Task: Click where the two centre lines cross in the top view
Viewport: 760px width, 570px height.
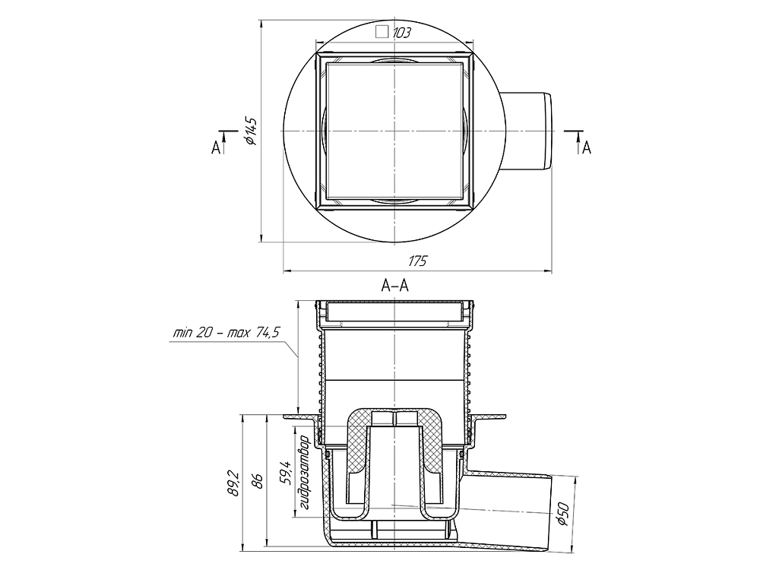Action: pos(395,131)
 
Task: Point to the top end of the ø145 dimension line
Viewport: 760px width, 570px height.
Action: pos(261,20)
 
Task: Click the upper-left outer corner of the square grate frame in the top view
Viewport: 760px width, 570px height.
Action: pos(315,52)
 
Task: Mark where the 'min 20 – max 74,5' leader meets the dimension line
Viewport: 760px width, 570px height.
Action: pos(298,357)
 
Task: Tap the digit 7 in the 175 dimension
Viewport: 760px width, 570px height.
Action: pos(416,261)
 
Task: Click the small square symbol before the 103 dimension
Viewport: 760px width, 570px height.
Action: pos(383,32)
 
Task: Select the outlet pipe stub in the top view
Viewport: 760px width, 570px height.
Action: pos(526,131)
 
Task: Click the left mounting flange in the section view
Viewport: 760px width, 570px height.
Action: pos(300,416)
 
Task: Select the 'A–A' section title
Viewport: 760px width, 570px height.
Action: pos(394,287)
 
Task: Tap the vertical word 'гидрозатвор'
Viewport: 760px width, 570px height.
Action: pos(305,473)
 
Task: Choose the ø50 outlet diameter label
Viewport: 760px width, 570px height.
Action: pos(562,514)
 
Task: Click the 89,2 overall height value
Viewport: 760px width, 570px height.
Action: pos(235,483)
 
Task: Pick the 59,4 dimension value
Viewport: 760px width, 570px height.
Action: pos(287,473)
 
